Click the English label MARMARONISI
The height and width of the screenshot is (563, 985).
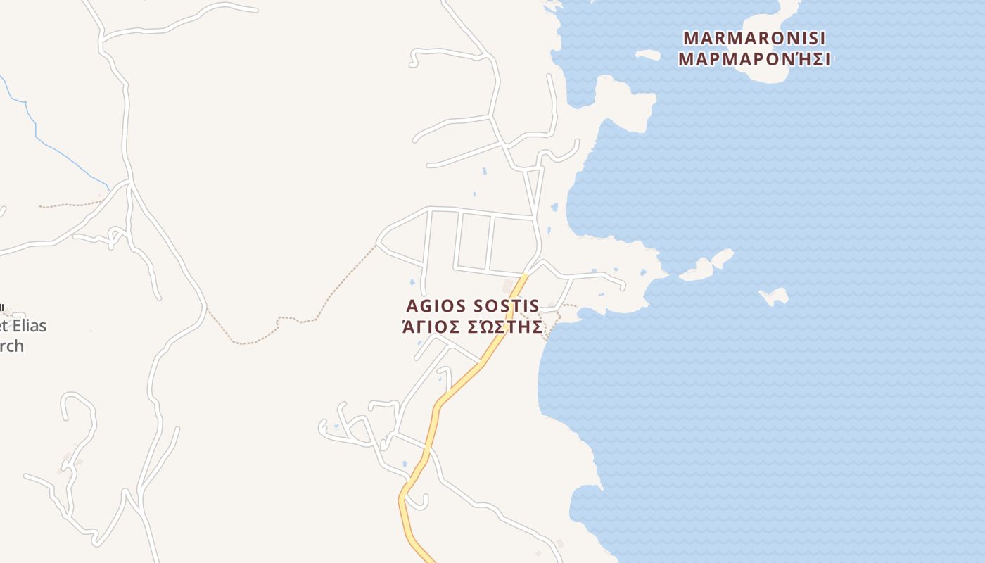point(754,37)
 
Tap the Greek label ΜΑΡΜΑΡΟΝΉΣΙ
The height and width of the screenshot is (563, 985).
point(754,58)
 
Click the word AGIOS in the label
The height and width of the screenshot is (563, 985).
point(436,306)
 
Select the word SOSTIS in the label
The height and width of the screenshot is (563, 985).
point(506,306)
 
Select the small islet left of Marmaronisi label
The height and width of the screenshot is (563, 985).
point(648,54)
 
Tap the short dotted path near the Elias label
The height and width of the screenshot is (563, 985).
point(70,205)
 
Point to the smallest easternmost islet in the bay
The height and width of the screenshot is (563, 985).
point(775,296)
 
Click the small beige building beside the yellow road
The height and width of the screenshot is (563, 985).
point(508,286)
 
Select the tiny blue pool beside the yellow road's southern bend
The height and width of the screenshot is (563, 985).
point(405,464)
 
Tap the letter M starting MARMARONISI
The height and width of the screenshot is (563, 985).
point(692,37)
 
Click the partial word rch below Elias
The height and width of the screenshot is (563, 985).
point(12,346)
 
